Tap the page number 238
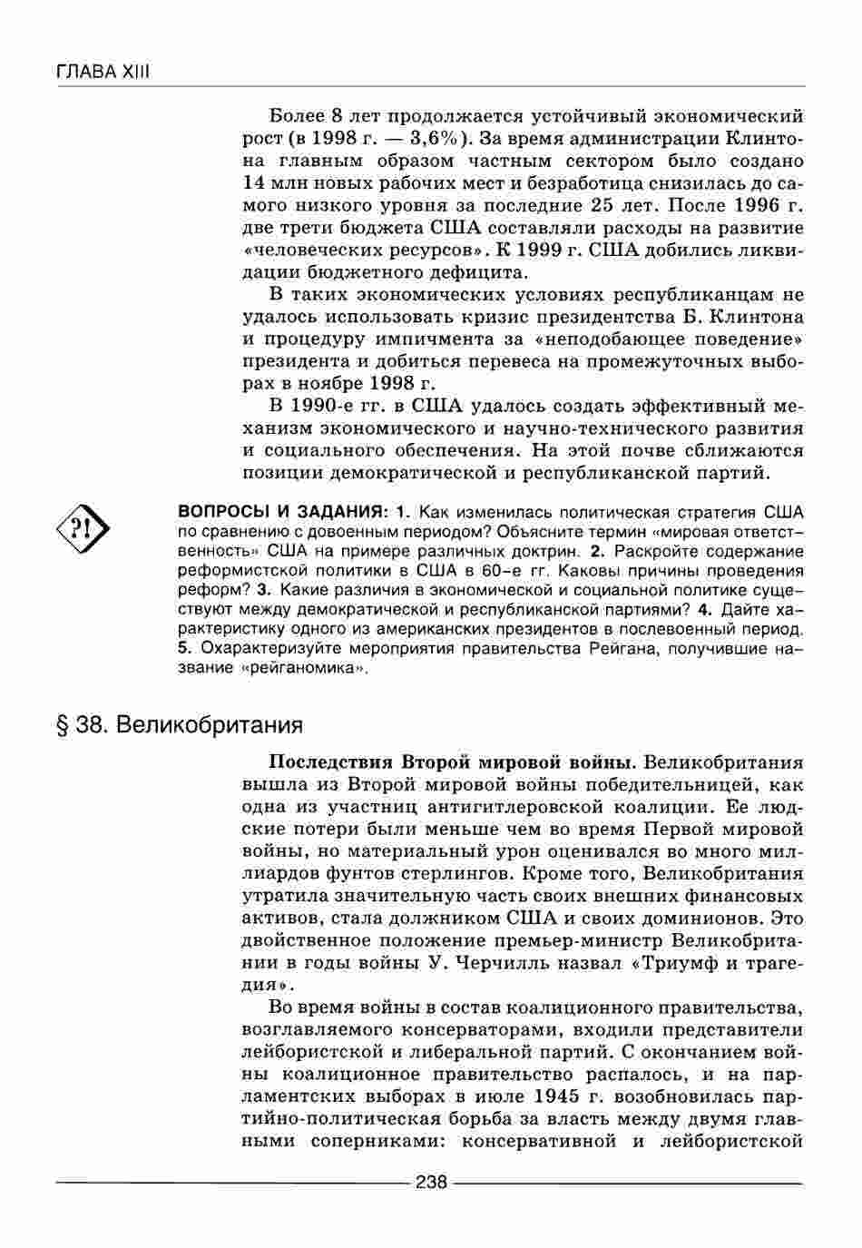coord(431,1182)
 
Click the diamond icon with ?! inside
coord(83,529)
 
